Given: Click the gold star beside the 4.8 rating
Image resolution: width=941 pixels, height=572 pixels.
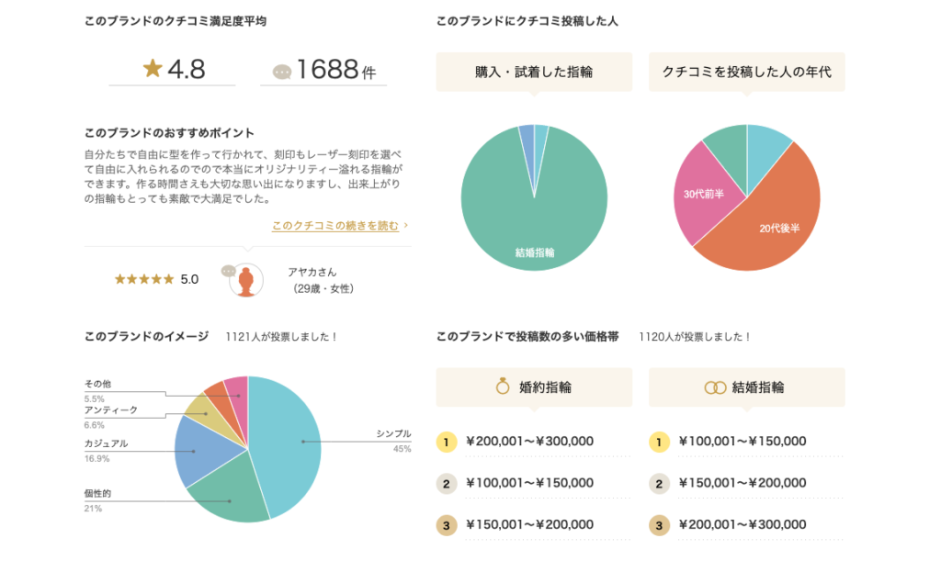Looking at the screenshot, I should (153, 69).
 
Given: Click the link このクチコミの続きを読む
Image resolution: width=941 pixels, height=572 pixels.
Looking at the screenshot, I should (335, 225).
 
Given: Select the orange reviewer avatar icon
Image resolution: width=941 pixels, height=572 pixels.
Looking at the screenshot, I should (244, 281).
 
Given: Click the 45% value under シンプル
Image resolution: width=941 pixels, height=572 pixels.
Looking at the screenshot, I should (402, 449).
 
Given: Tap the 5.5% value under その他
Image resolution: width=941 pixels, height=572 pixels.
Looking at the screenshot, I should (94, 399).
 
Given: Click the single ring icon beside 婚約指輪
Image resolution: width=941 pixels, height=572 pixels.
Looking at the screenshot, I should (503, 387).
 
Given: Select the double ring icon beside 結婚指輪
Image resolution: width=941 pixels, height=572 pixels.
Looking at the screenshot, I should (715, 387).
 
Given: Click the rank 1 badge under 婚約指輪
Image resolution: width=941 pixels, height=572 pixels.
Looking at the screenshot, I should (446, 442).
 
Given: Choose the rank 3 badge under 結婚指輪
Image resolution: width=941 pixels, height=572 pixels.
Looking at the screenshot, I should (659, 525).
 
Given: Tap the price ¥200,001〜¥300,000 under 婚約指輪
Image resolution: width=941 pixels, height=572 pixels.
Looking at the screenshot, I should (529, 442).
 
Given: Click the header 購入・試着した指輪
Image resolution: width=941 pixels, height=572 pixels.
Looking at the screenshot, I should (534, 72).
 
